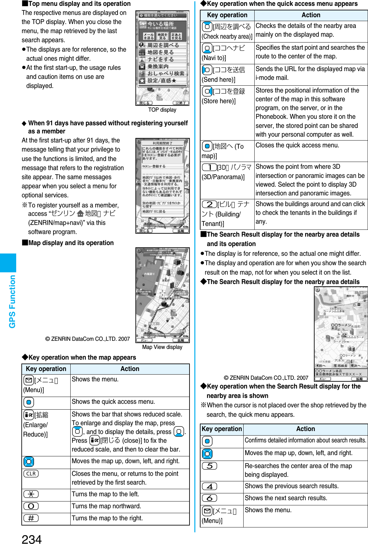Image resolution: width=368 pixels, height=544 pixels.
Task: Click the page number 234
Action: [32, 538]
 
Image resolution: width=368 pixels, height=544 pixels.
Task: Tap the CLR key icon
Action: [31, 474]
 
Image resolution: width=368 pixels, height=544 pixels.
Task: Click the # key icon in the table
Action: [31, 518]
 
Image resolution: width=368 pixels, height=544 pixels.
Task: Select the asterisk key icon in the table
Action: [31, 494]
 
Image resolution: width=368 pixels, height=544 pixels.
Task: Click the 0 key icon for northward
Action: [31, 506]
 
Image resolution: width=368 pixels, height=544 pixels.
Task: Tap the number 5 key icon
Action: [210, 466]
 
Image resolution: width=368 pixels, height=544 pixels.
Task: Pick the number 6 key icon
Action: [210, 498]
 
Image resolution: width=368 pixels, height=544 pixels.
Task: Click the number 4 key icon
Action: [210, 486]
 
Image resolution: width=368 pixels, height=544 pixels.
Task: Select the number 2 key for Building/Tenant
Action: [210, 204]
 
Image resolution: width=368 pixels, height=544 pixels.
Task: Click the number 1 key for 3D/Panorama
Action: [210, 167]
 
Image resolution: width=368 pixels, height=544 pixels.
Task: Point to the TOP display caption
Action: [162, 110]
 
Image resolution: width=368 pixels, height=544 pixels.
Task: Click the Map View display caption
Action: [162, 347]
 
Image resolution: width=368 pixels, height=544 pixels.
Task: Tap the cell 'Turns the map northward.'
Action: [107, 506]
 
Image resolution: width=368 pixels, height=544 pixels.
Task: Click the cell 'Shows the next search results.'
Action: [286, 498]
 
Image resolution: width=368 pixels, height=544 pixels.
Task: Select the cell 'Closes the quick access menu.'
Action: [297, 145]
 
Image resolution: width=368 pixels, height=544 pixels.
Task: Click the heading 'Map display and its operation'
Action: [71, 243]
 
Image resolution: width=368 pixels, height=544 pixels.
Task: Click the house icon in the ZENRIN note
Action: [80, 213]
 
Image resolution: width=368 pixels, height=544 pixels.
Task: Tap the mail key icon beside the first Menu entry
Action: [29, 380]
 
